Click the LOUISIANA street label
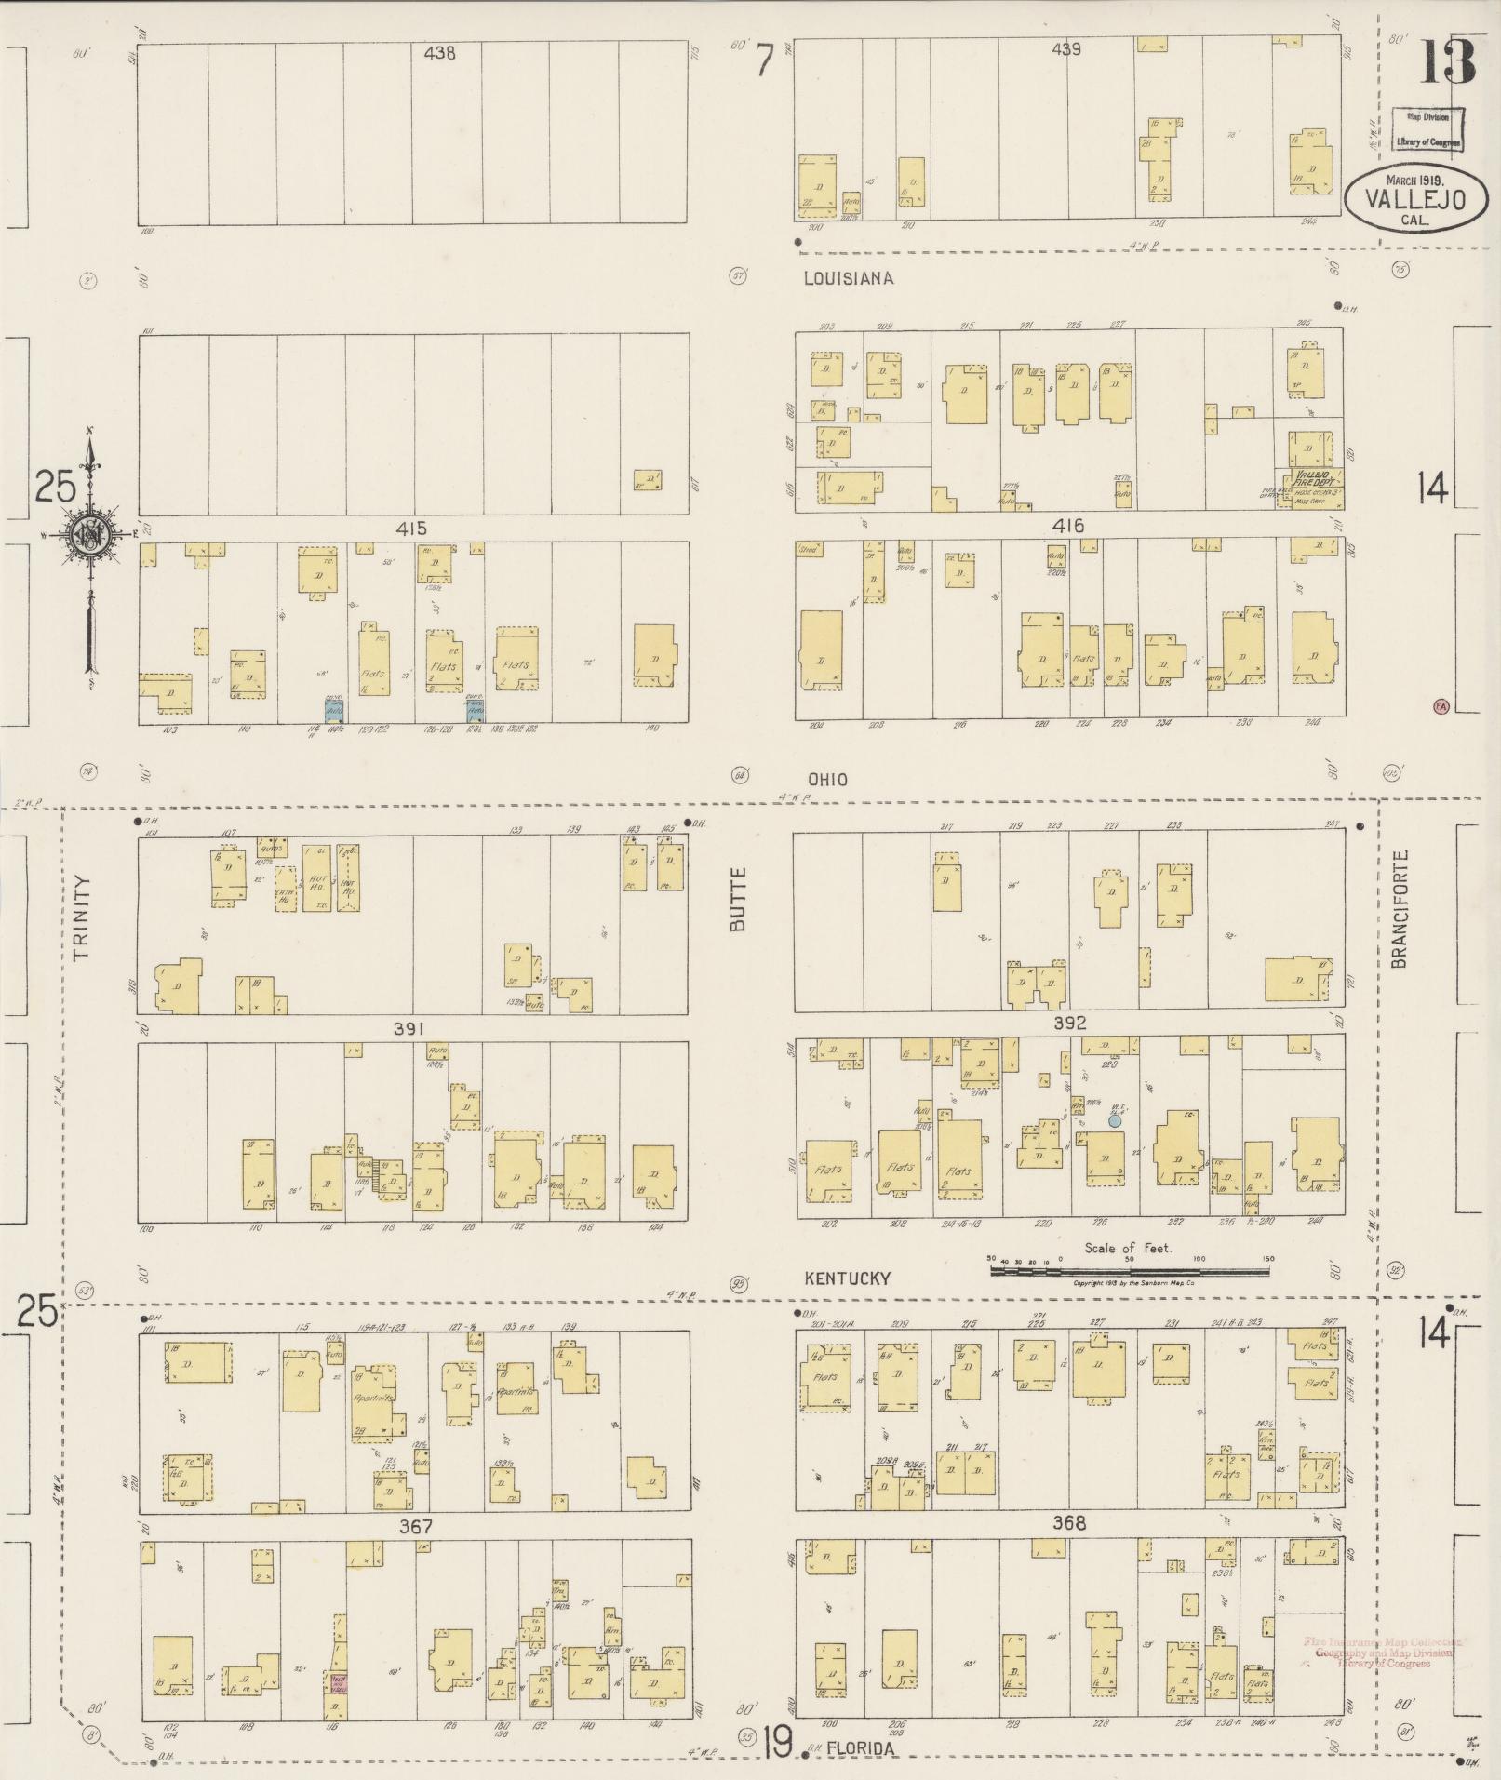[849, 278]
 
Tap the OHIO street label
[827, 780]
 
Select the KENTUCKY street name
[848, 1278]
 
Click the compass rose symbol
[90, 538]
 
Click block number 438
[439, 54]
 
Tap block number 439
[1065, 49]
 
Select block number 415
[411, 529]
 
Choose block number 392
[1070, 1023]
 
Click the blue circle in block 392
[1114, 1121]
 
